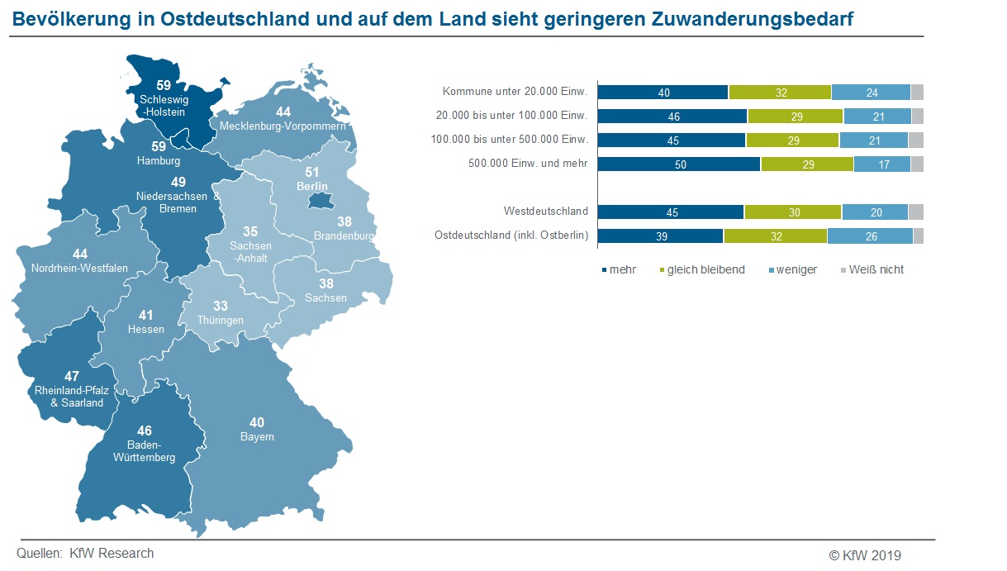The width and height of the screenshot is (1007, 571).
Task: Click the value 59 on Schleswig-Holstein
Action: pos(164,85)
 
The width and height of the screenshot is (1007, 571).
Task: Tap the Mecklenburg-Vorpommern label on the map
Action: pos(283,126)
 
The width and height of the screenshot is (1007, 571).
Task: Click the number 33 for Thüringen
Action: pos(221,307)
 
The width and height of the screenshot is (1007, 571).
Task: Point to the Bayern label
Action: pos(257,436)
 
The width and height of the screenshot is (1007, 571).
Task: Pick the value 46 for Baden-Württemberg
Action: pos(145,431)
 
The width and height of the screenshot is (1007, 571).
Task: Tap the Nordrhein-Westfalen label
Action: pos(80,269)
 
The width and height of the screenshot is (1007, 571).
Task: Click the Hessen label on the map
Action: pos(146,329)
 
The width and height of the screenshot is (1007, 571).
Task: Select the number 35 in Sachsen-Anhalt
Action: pos(249,232)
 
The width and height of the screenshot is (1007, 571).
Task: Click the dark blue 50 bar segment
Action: pos(679,164)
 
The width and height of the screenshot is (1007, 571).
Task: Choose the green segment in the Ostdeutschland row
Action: pos(775,236)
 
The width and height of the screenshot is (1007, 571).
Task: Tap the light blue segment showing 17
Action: pos(882,164)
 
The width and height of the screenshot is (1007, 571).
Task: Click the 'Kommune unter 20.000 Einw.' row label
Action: pos(515,92)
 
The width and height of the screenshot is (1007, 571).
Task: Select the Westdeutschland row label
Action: pos(545,212)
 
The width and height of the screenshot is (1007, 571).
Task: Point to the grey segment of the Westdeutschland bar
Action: pos(915,212)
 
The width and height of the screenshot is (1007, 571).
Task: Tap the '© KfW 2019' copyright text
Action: pos(865,554)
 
